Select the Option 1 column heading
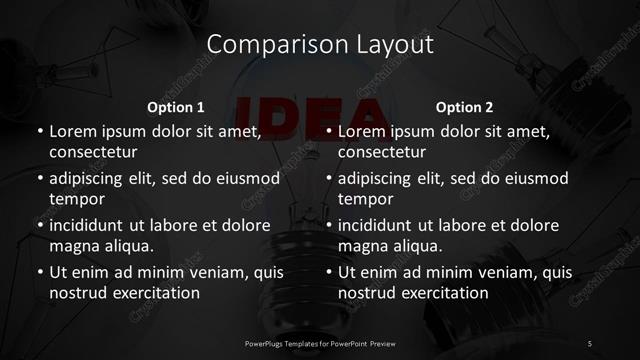pos(176,107)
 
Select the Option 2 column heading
pos(465,107)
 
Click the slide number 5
pos(590,344)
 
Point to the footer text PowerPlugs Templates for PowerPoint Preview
pos(320,344)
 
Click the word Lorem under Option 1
pos(73,131)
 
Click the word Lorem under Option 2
pos(362,131)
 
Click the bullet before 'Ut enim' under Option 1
pos(40,272)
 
